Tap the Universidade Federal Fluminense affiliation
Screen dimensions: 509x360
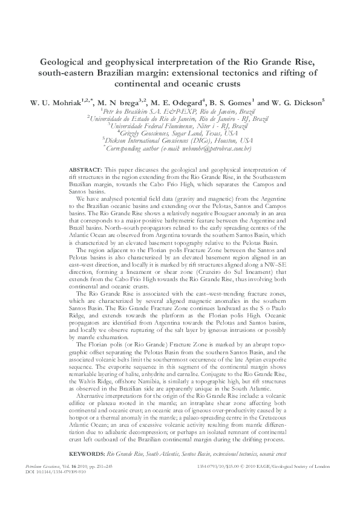coord(180,126)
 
